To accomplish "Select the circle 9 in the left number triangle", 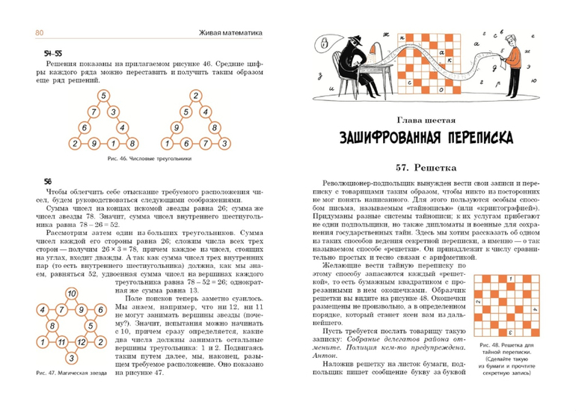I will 92,143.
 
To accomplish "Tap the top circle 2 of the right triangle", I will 193,96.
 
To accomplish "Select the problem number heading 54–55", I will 52,55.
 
